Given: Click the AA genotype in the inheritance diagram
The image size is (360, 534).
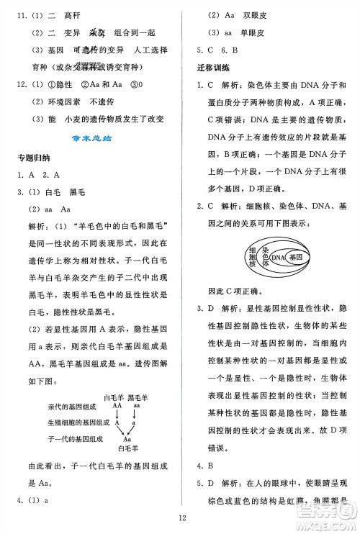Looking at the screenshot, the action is click(x=117, y=405).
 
